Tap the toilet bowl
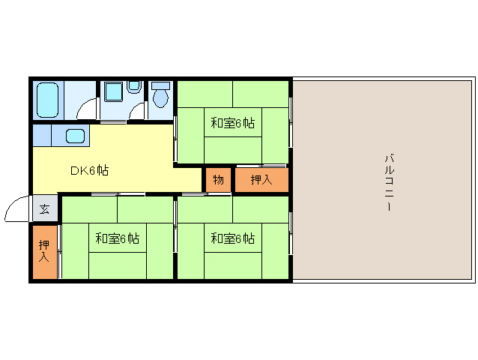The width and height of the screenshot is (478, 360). [x=160, y=98]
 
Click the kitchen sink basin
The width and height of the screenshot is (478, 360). [x=76, y=136]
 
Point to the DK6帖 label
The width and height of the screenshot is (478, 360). [x=89, y=170]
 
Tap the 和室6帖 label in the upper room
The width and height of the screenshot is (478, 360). [x=232, y=123]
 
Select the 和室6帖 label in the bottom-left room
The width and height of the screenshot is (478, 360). [x=117, y=238]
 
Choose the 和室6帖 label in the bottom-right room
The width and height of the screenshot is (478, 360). [x=232, y=238]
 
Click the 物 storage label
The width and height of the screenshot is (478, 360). [x=218, y=180]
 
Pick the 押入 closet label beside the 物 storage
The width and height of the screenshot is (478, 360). [x=261, y=180]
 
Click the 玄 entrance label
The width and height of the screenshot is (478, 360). [x=45, y=209]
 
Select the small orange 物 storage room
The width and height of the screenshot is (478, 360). [x=218, y=180]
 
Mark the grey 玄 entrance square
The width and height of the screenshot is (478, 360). [x=45, y=209]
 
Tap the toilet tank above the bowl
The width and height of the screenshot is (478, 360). [x=160, y=85]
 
